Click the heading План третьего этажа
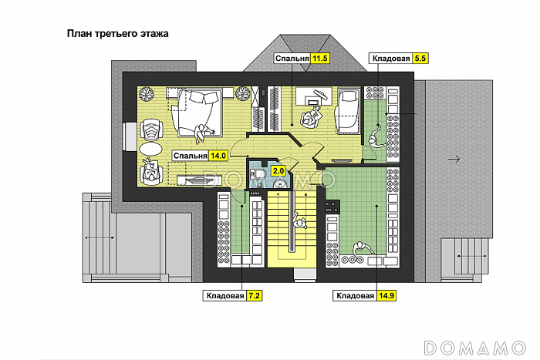click(x=117, y=34)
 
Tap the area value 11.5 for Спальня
click(x=319, y=59)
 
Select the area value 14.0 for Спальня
click(x=218, y=156)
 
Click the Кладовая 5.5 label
click(x=399, y=59)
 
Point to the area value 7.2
click(x=254, y=296)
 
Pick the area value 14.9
click(x=386, y=296)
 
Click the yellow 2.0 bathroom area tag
click(x=278, y=170)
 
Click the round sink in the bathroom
click(x=279, y=184)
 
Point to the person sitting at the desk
click(x=311, y=117)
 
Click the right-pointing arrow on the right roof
click(x=454, y=160)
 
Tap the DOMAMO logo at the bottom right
click(x=474, y=348)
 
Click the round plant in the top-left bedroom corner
click(x=146, y=93)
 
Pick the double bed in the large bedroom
click(x=197, y=112)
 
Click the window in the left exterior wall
click(x=130, y=136)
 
